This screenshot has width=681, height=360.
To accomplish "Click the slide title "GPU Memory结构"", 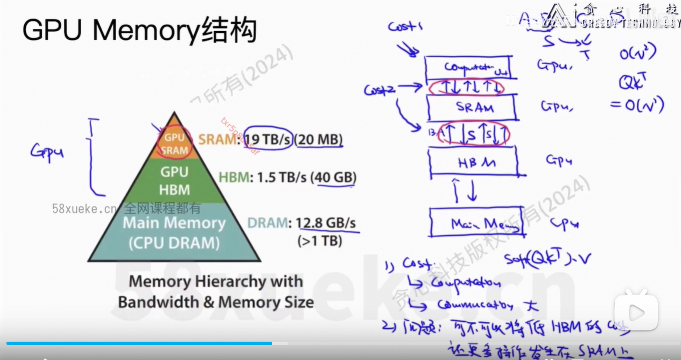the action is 139,31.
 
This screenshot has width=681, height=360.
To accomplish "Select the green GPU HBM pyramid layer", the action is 174,180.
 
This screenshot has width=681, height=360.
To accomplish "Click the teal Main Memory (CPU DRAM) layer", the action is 174,232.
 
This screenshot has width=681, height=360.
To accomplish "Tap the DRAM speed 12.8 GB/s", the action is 326,223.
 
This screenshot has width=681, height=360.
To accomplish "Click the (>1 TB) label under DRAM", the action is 320,241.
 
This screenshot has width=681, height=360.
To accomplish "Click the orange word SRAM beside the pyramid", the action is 217,140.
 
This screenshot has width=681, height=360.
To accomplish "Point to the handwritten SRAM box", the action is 472,108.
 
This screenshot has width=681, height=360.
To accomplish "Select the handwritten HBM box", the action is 473,161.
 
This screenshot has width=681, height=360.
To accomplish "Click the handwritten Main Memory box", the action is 476,223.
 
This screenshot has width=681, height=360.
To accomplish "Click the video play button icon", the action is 636,312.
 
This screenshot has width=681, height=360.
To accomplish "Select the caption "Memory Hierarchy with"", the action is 215,281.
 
